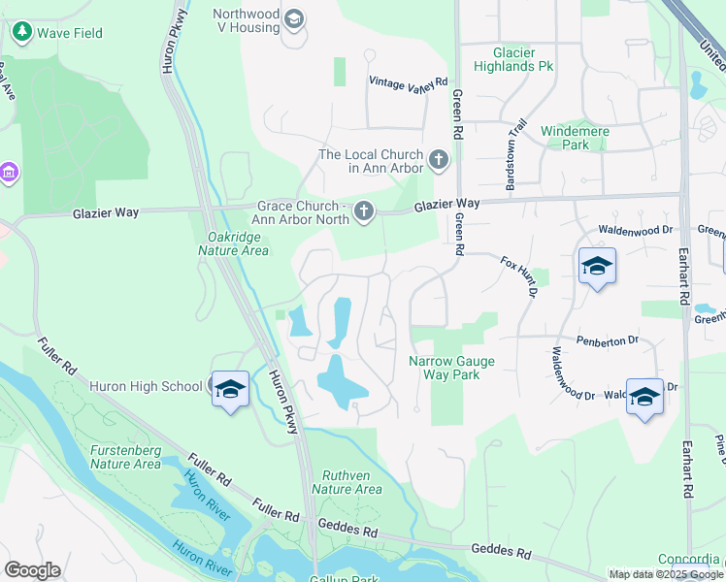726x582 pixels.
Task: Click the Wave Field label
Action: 69,33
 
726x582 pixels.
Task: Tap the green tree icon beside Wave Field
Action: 21,33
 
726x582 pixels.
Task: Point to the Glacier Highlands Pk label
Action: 513,59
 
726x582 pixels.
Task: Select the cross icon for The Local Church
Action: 439,158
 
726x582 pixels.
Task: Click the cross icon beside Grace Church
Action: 364,210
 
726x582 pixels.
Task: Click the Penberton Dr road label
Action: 607,340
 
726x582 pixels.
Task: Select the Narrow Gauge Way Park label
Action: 451,368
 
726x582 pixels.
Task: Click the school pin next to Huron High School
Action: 230,389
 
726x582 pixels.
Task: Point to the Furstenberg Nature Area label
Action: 125,457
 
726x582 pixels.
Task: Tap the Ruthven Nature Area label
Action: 346,482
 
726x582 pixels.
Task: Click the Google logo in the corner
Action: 32,570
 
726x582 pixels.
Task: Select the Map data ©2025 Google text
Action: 666,574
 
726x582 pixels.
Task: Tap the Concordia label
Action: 690,560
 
